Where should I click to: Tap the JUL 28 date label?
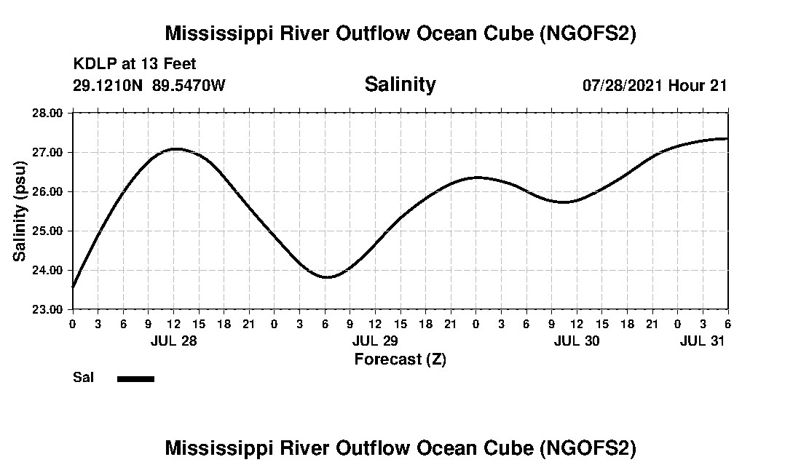(173, 341)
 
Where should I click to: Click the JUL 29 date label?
(375, 341)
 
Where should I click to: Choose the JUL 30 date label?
(577, 341)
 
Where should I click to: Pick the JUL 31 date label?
(703, 341)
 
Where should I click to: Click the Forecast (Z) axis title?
(400, 359)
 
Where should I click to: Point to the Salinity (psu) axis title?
(20, 211)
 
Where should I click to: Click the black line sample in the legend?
(135, 378)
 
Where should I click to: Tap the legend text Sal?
(82, 378)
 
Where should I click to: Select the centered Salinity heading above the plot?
(400, 84)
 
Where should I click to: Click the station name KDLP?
(90, 65)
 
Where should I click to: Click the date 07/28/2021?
(623, 85)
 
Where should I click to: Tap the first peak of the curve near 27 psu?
(176, 148)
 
